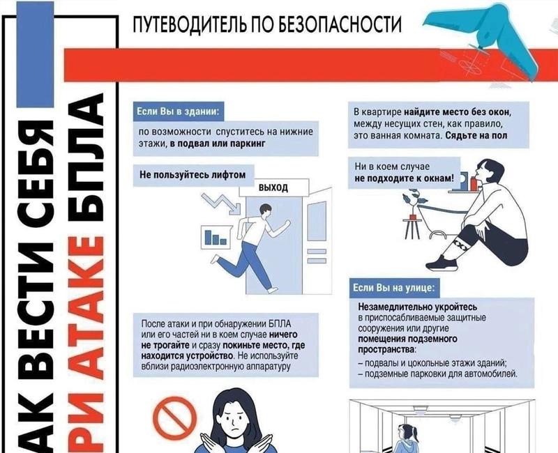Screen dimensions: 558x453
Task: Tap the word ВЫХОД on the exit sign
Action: pos(273,187)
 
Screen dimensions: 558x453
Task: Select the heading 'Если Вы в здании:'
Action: pos(177,112)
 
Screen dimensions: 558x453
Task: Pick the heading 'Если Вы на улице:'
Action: pos(394,287)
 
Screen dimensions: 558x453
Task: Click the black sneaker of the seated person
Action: pos(442,263)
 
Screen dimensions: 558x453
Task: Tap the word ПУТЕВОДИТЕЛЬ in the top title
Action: pos(189,24)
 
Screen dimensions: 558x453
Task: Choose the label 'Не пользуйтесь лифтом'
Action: pos(193,175)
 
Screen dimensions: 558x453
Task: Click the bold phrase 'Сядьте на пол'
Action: pos(476,135)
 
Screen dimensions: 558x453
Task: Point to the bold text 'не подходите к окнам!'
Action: pos(405,178)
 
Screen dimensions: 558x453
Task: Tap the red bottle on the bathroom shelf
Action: pos(474,183)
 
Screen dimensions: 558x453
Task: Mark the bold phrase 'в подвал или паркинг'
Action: pos(218,144)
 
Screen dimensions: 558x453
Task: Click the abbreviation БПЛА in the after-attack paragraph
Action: pos(280,323)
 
